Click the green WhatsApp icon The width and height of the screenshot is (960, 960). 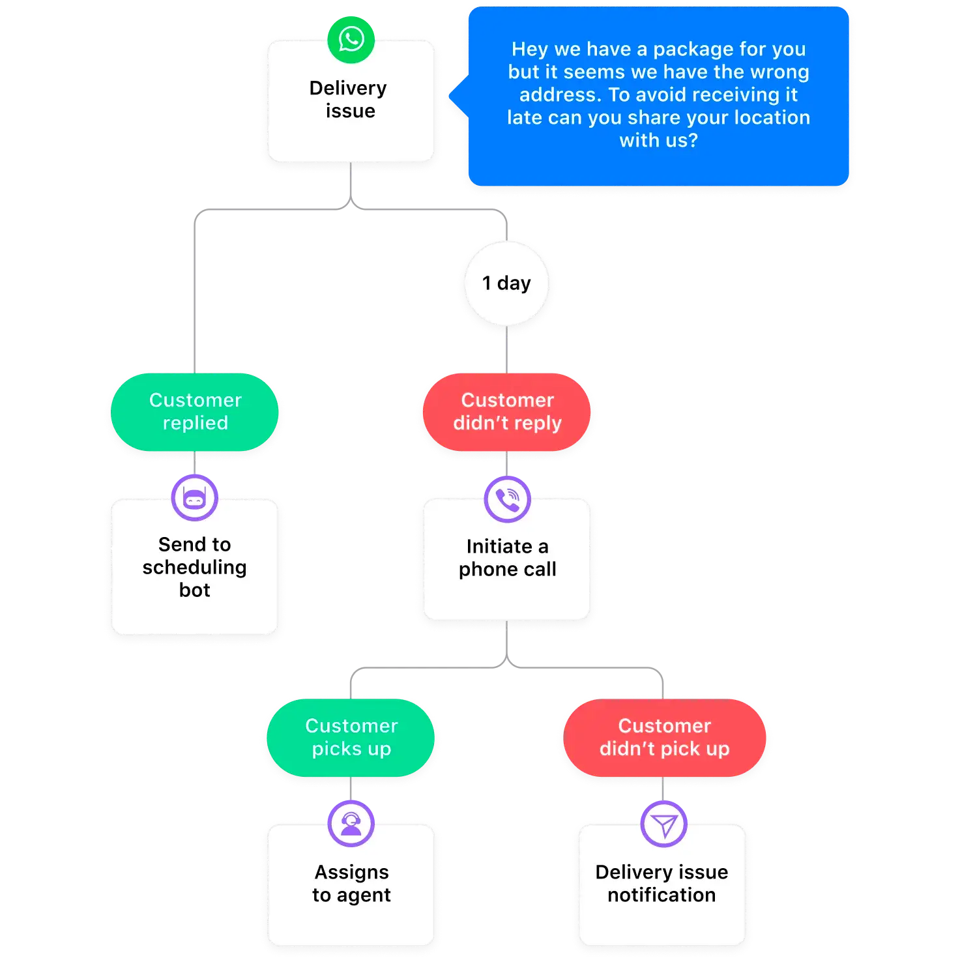[351, 40]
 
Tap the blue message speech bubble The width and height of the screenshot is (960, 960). [658, 96]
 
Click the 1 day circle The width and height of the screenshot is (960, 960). [506, 284]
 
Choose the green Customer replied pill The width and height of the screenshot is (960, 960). [195, 412]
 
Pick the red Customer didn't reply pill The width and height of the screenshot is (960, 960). [507, 412]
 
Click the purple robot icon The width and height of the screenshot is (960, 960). [194, 499]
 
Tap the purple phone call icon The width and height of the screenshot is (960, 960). [507, 499]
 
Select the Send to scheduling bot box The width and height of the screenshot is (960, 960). [194, 574]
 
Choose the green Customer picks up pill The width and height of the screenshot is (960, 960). [351, 738]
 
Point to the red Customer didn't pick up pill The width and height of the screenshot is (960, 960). [664, 738]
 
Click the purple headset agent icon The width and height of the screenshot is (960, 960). [351, 824]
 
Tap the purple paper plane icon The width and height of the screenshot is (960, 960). [663, 824]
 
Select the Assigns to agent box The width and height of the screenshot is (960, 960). [351, 890]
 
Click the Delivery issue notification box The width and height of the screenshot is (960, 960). [662, 890]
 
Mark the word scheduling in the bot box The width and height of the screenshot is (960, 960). [194, 568]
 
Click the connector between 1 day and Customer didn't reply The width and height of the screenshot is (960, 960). [507, 351]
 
